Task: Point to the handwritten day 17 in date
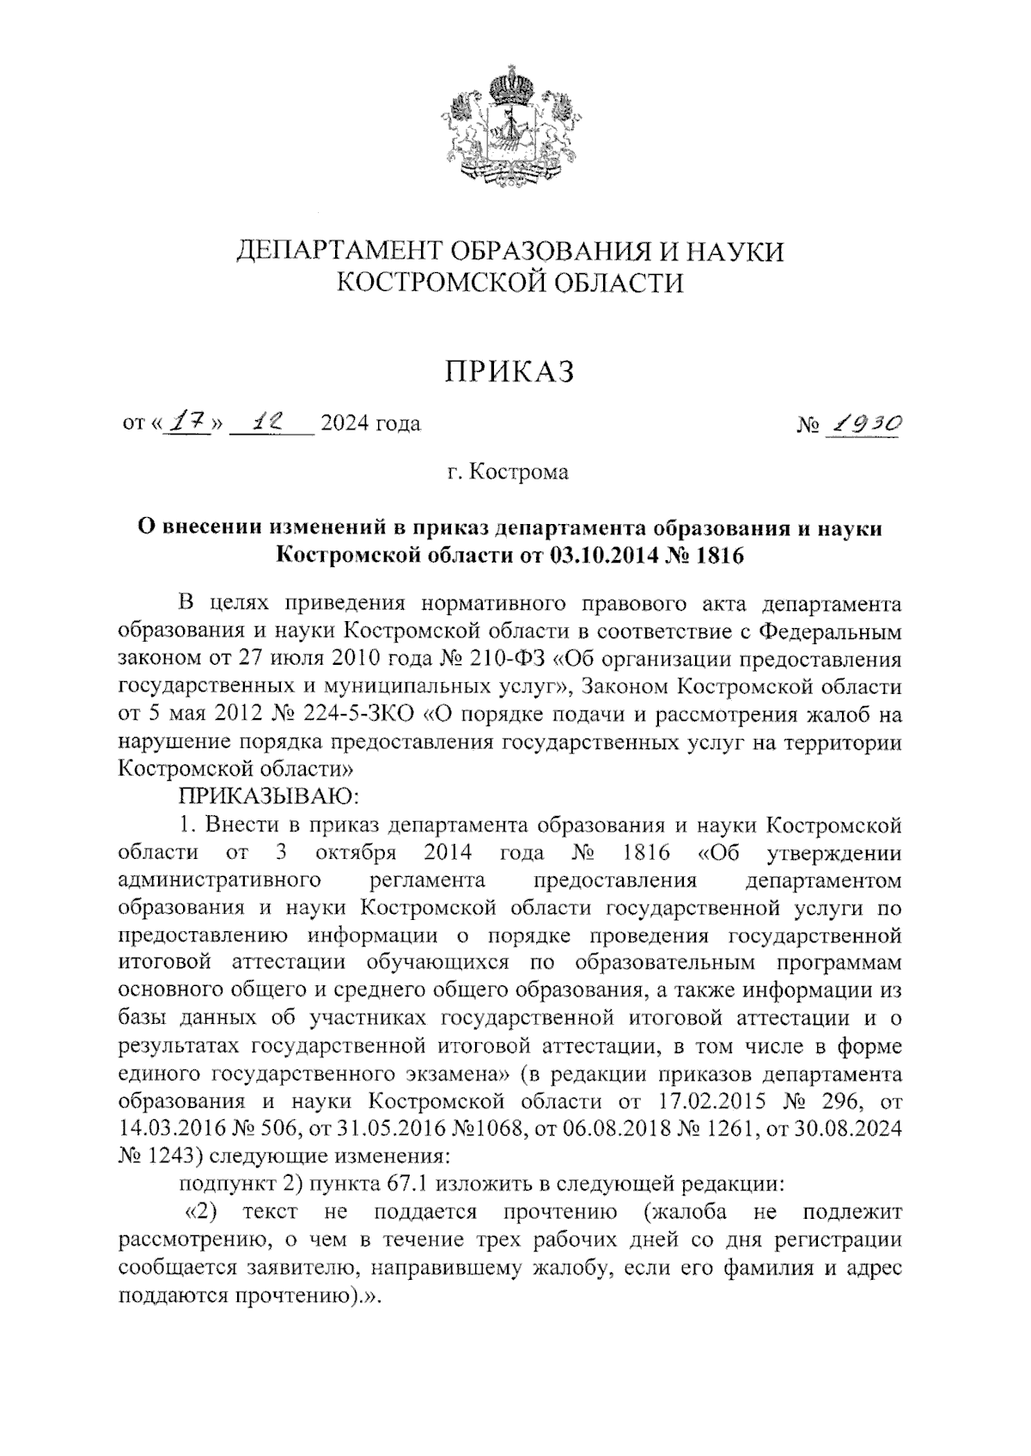pos(182,423)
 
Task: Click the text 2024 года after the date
pos(369,423)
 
